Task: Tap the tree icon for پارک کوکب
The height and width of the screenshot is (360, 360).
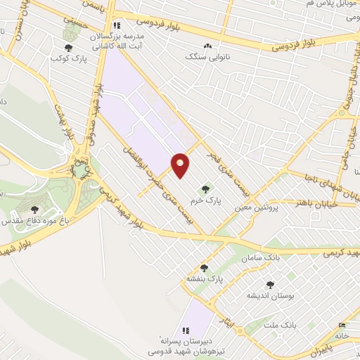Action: click(x=67, y=49)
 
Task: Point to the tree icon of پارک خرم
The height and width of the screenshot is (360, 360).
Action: click(x=205, y=188)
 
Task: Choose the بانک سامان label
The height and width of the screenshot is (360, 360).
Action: click(x=262, y=259)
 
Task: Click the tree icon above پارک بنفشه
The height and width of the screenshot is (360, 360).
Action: click(x=204, y=267)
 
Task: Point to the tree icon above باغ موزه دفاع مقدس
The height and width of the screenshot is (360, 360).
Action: click(x=35, y=209)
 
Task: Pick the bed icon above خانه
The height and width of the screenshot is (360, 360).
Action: click(x=342, y=325)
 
